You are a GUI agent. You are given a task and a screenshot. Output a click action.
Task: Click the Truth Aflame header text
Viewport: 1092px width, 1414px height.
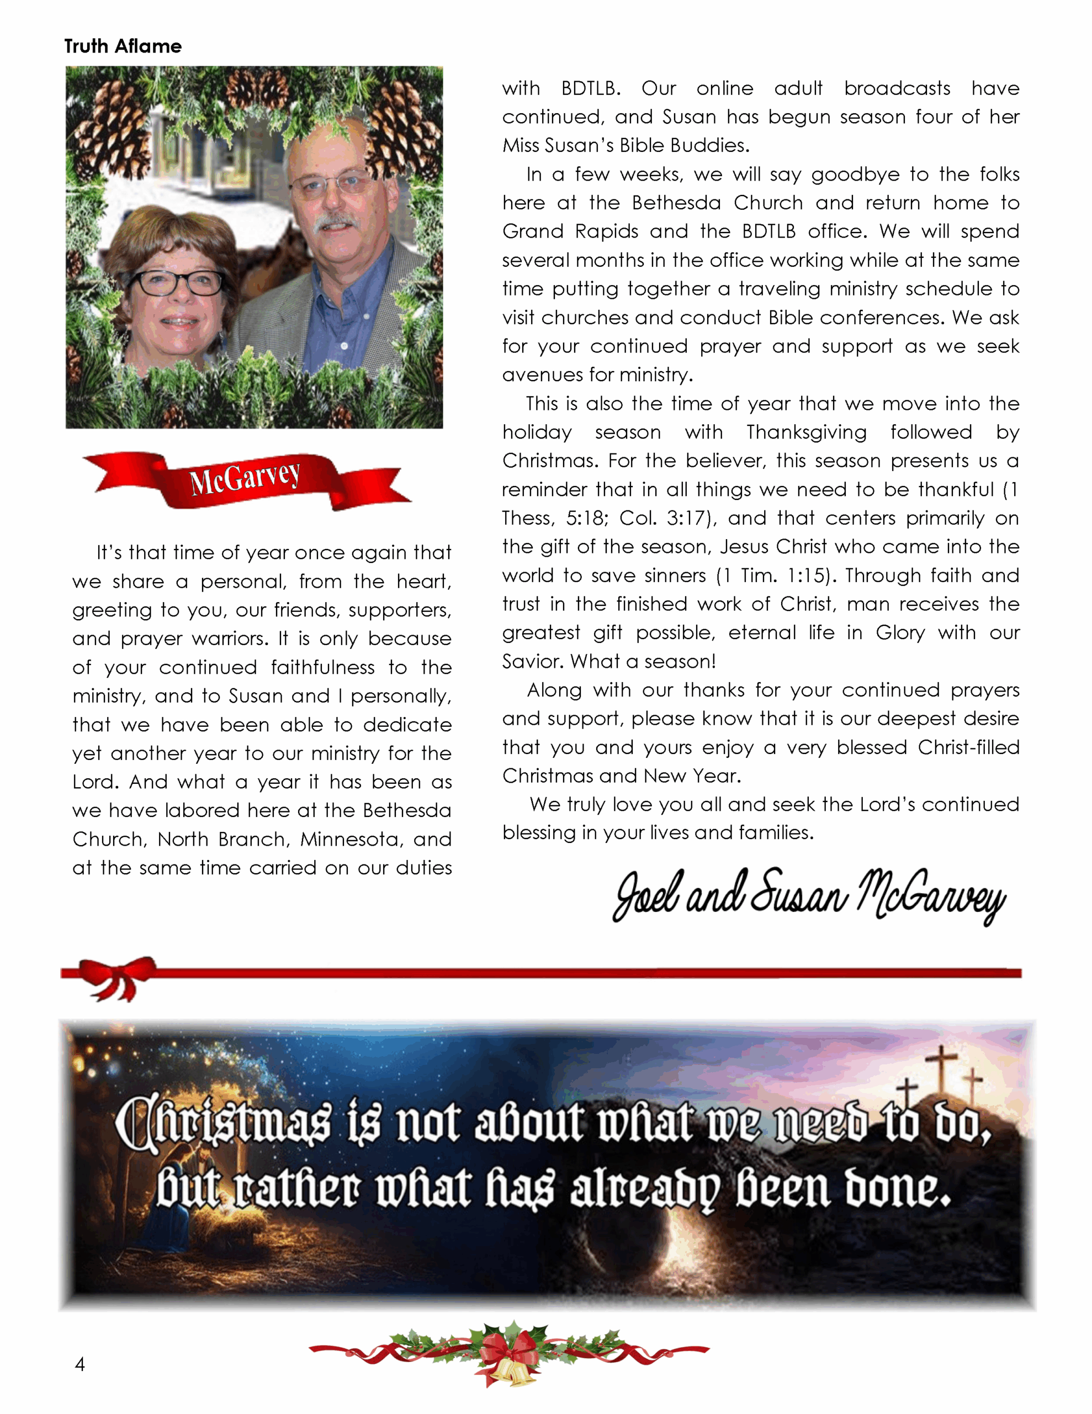click(123, 46)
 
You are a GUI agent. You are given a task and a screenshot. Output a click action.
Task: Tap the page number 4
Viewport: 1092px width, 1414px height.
click(79, 1364)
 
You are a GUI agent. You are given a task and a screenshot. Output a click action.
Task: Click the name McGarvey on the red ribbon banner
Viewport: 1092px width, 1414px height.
click(245, 478)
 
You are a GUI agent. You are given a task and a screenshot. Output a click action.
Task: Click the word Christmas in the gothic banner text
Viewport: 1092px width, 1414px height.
click(224, 1124)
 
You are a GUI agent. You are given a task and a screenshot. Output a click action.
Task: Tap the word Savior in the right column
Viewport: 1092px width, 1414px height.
click(533, 661)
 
